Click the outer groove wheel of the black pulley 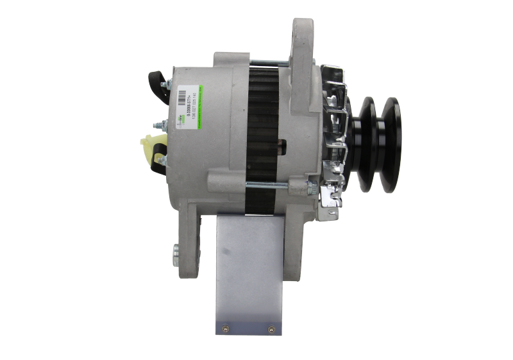[389, 144]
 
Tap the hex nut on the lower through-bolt [310, 187]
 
